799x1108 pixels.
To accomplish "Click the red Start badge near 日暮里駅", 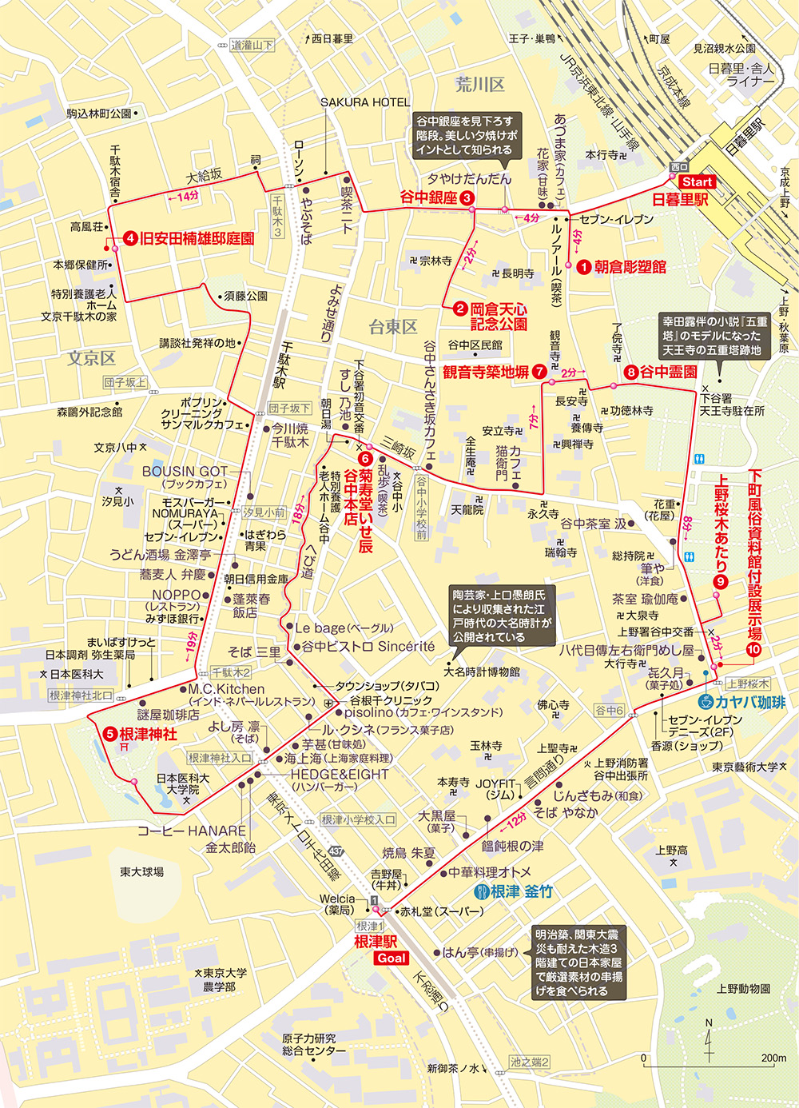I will click(697, 182).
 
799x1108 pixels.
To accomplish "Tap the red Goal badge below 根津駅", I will click(392, 958).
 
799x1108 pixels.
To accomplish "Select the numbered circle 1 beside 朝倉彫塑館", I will click(584, 267).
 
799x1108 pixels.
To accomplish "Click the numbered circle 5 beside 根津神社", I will click(110, 734).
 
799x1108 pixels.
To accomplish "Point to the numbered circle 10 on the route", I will click(753, 649).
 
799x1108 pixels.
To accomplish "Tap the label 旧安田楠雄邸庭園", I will click(197, 238).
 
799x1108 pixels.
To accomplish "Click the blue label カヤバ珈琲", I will click(750, 703).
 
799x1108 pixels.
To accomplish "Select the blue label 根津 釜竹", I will click(522, 891).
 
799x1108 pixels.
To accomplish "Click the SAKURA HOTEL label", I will click(365, 102).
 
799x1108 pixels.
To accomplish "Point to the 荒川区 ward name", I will click(480, 84).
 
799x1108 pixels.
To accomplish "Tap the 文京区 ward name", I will click(91, 358).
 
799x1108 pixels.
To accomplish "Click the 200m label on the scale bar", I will click(773, 1058).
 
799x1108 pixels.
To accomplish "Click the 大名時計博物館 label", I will click(482, 672).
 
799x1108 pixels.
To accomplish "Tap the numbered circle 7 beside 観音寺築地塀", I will click(539, 372).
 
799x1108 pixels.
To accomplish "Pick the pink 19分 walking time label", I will click(190, 646).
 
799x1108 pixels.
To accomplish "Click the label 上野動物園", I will click(743, 989).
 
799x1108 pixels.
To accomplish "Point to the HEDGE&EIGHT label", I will click(340, 774).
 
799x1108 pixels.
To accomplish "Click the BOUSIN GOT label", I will click(185, 472).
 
